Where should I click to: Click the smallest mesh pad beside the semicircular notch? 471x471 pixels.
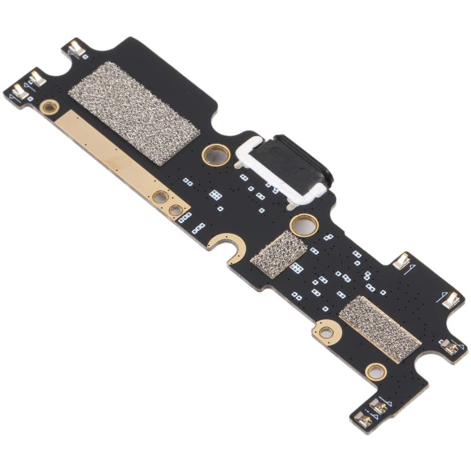click(278, 246)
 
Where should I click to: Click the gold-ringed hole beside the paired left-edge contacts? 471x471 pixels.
click(48, 107)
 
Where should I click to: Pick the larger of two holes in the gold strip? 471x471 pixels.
click(161, 197)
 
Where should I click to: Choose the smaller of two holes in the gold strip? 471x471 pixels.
click(176, 210)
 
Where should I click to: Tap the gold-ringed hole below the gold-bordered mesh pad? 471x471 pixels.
click(375, 372)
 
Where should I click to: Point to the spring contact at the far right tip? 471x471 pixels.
click(451, 301)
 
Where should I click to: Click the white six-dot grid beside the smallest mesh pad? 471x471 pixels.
click(297, 268)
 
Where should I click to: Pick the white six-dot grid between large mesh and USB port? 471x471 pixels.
click(215, 195)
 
